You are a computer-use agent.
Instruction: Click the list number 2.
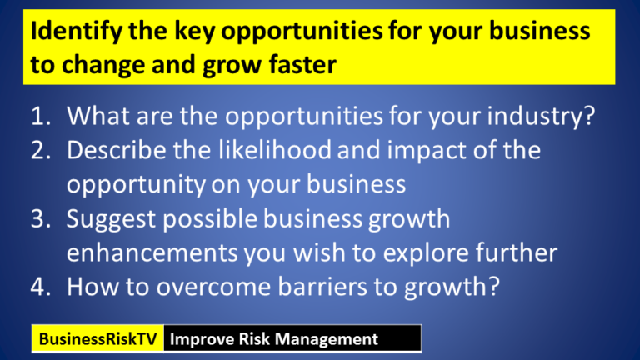(41, 151)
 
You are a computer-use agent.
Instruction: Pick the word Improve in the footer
(198, 339)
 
